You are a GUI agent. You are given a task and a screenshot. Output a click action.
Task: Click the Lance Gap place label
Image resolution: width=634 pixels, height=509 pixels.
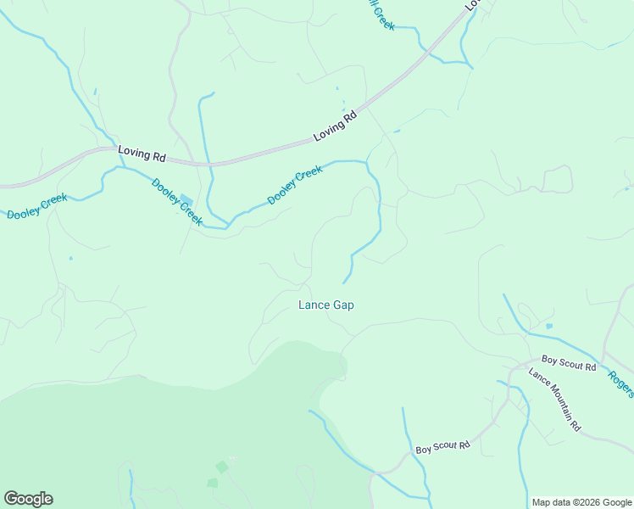[325, 305]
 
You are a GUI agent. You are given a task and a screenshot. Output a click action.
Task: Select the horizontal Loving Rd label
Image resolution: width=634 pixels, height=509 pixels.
[142, 153]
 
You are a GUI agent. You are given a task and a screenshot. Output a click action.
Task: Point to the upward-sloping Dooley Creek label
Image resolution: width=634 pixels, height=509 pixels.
[295, 186]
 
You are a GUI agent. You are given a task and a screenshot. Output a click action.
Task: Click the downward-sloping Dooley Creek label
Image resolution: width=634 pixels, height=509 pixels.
[176, 202]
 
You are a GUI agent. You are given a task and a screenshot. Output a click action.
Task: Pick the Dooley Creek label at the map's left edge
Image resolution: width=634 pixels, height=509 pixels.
[36, 207]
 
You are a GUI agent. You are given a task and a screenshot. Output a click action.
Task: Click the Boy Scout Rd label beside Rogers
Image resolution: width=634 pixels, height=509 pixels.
[569, 365]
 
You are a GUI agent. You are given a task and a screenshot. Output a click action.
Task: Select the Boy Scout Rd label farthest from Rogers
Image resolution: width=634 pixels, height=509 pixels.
[442, 446]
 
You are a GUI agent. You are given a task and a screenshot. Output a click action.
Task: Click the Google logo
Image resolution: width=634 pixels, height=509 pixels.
[28, 499]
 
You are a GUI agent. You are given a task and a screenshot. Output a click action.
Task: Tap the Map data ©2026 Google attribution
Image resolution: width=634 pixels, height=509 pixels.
[581, 502]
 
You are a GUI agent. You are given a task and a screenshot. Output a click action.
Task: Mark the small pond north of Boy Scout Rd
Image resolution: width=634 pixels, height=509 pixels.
[549, 326]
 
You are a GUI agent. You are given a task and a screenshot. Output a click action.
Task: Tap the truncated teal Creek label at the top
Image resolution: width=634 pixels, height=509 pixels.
[381, 17]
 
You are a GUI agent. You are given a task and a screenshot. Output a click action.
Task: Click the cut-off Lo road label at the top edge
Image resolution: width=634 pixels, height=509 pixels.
[473, 4]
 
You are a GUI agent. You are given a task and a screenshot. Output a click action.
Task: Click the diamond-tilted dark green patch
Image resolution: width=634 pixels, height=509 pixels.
[221, 467]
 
